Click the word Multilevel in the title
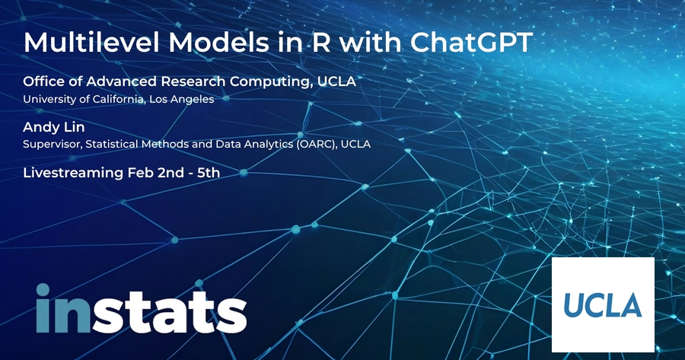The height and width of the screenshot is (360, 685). click(93, 43)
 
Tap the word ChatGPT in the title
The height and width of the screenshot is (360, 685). click(471, 43)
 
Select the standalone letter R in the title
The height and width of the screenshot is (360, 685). click(321, 43)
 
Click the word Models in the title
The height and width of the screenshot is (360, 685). click(218, 43)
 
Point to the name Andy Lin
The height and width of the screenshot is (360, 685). click(54, 127)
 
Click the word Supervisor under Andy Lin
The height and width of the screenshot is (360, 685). click(53, 144)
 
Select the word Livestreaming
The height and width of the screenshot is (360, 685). click(73, 173)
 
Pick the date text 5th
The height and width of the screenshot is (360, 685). click(209, 173)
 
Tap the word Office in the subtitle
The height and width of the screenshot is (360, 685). click(43, 81)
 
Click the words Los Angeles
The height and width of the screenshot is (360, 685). click(181, 100)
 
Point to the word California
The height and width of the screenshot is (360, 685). click(117, 99)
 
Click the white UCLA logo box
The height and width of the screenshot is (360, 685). click(603, 304)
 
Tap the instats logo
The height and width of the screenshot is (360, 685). click(141, 308)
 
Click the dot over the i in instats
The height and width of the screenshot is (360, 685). click(43, 290)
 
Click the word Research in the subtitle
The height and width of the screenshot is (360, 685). click(193, 81)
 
